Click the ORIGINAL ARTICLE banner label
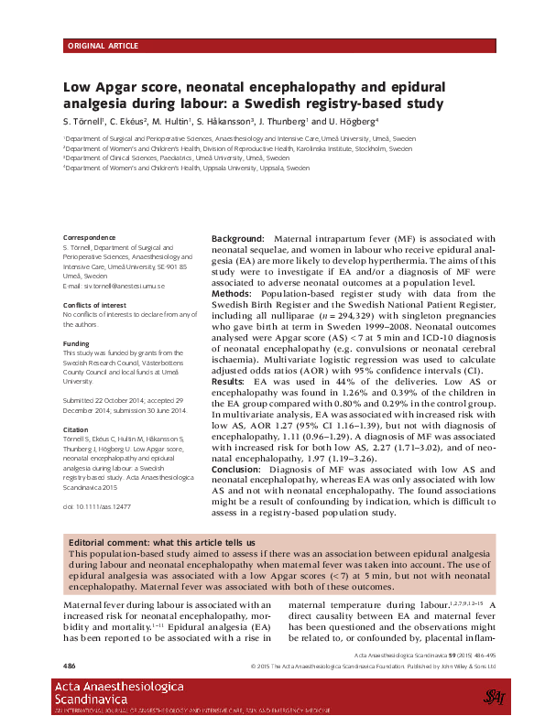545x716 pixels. point(104,45)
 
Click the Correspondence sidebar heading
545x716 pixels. point(91,237)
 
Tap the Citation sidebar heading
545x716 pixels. point(75,429)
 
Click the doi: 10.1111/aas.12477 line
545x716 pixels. point(97,505)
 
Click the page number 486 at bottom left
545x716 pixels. point(70,664)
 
